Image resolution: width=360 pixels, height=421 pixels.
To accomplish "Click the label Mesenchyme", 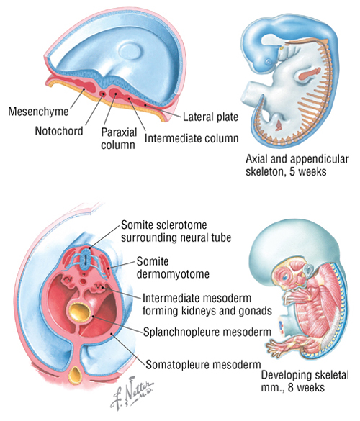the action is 38,111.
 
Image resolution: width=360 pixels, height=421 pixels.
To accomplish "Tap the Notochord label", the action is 59,131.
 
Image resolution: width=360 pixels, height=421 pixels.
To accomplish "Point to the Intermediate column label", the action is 192,138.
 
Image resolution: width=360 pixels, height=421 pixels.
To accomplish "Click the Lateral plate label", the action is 210,117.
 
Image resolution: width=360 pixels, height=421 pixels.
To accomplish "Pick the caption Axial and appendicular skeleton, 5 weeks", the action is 297,165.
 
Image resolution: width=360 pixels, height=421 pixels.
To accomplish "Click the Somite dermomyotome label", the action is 173,268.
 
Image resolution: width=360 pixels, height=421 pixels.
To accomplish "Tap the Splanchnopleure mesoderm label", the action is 207,332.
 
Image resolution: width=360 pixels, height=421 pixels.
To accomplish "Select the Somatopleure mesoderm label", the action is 203,365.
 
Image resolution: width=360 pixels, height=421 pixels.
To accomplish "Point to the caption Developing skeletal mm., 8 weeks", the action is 305,381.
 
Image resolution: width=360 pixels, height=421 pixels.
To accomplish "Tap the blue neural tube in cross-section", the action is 85,259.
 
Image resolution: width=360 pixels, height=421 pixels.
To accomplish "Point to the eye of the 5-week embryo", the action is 269,62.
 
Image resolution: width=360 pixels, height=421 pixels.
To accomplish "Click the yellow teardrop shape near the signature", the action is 76,374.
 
